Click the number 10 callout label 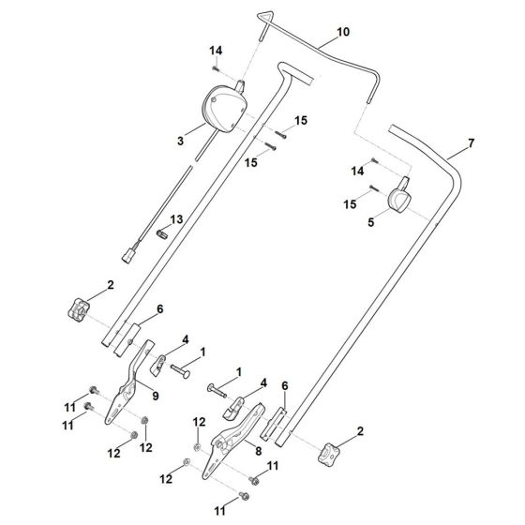click(x=342, y=32)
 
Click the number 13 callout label click(x=175, y=219)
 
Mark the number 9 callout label click(x=156, y=396)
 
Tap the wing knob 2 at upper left click(x=78, y=308)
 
